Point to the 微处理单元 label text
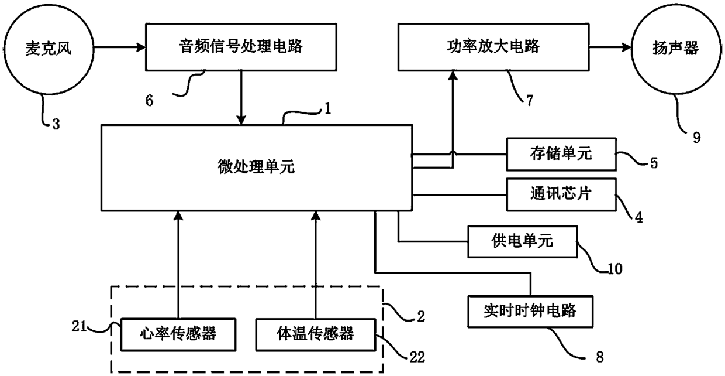pos(256,167)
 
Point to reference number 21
pos(80,326)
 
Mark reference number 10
pos(615,269)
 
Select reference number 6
pos(149,101)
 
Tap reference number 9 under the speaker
pos(697,138)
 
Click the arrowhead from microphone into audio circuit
pos(141,47)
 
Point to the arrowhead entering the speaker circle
pos(627,47)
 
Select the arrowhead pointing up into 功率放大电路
pos(453,76)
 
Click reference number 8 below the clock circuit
pos(600,357)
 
